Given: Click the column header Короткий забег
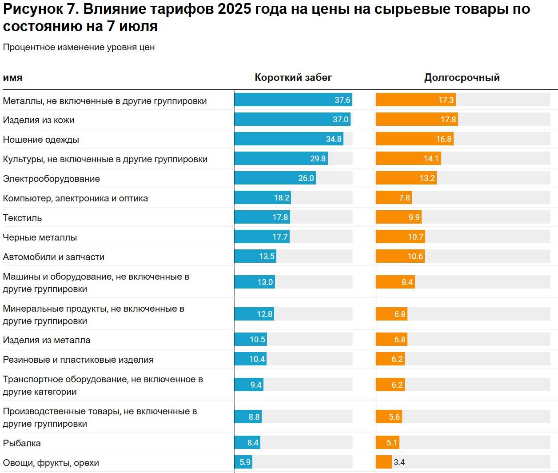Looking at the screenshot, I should [x=293, y=78].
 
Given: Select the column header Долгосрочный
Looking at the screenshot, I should [x=462, y=78].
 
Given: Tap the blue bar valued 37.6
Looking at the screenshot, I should [x=293, y=100].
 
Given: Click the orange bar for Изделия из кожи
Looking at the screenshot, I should [x=417, y=120].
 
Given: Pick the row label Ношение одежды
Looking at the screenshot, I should [x=41, y=140].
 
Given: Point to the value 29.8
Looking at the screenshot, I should [x=318, y=159].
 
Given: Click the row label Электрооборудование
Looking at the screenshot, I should [x=52, y=179].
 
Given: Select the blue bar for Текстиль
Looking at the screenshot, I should [x=262, y=217].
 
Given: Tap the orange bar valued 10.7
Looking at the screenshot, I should [x=400, y=237].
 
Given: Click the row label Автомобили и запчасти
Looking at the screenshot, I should [x=54, y=257].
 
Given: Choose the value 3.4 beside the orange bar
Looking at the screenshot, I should [x=399, y=462].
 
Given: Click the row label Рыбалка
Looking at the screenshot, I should [x=22, y=443].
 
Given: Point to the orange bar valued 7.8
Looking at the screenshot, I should [x=394, y=198].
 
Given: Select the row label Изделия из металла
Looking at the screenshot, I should [x=47, y=341].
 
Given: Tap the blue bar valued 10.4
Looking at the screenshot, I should [x=251, y=359].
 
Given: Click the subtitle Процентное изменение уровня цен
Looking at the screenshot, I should [x=79, y=48].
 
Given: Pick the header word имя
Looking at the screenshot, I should [x=12, y=78].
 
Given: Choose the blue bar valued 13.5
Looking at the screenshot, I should [x=255, y=257].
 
